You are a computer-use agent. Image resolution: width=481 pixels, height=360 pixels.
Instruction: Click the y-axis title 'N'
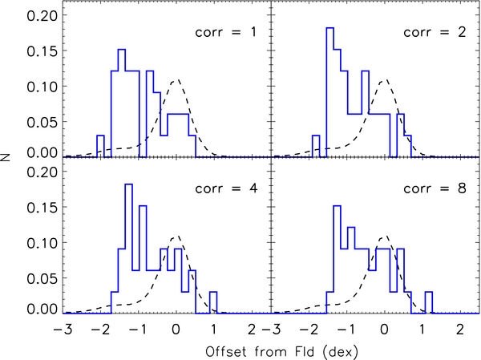8,160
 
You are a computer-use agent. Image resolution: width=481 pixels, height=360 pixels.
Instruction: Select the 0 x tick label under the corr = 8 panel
385,329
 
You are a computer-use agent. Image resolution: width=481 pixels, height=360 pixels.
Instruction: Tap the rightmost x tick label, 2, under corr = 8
459,329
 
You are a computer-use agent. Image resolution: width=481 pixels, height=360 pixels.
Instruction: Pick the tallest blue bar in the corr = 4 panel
128,249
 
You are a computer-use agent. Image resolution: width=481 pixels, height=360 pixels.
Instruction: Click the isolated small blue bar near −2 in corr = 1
100,146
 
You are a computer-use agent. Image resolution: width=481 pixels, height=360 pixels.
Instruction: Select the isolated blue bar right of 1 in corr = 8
430,301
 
